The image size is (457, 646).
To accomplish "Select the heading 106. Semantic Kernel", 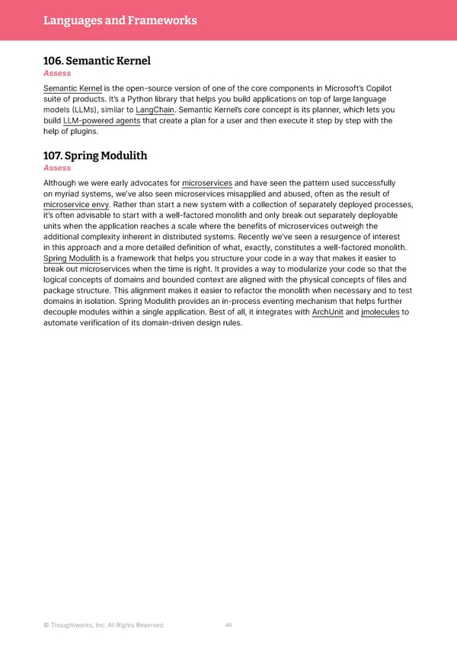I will click(97, 60).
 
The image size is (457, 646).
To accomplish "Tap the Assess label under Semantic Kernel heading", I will click(57, 73).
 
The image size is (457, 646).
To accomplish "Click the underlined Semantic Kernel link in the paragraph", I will click(73, 88).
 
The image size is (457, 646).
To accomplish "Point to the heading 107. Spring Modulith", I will click(95, 155).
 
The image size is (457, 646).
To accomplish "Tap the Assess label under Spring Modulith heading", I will click(57, 168).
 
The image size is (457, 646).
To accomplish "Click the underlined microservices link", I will click(207, 183).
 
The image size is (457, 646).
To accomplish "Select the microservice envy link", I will click(76, 204).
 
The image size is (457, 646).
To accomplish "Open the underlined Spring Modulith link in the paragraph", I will click(72, 258).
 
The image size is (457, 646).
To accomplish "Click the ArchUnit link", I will click(328, 312).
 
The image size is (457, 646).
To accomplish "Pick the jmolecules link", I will click(380, 312).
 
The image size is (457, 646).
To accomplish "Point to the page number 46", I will click(228, 625).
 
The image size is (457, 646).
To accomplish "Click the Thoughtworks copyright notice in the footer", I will click(104, 625).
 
